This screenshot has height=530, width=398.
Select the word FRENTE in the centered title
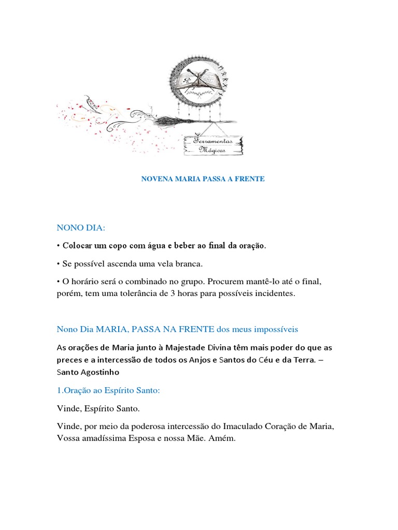point(251,179)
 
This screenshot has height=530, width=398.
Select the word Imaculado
point(243,426)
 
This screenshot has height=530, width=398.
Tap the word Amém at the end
point(222,438)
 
